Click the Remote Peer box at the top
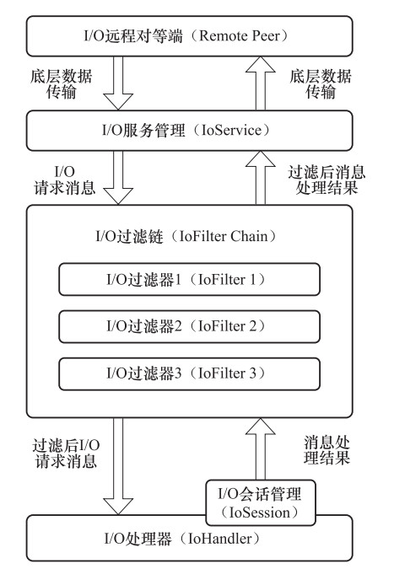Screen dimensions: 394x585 tap(189, 36)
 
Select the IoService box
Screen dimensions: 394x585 tap(189, 131)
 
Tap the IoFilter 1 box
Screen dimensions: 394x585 tap(189, 280)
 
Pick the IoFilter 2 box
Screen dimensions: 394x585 tap(189, 326)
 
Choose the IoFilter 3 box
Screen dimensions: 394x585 tap(189, 373)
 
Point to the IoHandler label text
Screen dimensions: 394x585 tap(181, 539)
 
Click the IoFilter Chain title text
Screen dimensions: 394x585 tap(186, 237)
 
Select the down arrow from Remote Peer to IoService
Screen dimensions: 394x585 tap(118, 83)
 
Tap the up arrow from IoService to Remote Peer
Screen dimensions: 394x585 tap(261, 83)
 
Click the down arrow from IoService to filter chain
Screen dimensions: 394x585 tap(118, 178)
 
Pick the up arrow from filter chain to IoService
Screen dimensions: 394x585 tap(261, 178)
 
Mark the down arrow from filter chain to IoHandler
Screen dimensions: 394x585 tap(118, 466)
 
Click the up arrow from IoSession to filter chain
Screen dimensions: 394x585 tap(261, 448)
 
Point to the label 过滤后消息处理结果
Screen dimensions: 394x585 tap(327, 180)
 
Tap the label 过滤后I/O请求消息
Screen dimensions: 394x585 tap(66, 454)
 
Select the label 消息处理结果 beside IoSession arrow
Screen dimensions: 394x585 tap(327, 450)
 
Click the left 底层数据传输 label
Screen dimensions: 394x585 tap(61, 84)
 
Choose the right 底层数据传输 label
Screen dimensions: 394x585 tap(321, 84)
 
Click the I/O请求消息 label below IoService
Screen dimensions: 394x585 tap(65, 180)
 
